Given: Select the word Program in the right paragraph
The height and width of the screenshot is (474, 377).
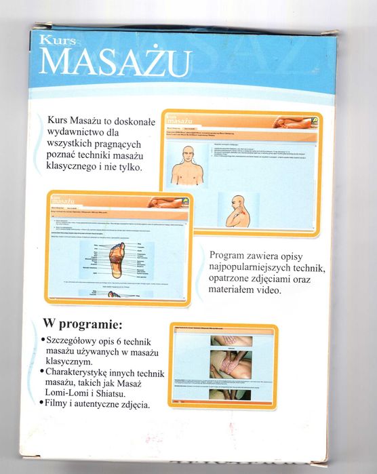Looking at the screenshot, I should tap(231, 255).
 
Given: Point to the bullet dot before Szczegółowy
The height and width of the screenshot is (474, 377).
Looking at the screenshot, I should tap(44, 338).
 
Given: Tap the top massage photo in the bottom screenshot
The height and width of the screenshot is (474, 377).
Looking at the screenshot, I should tap(230, 340).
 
